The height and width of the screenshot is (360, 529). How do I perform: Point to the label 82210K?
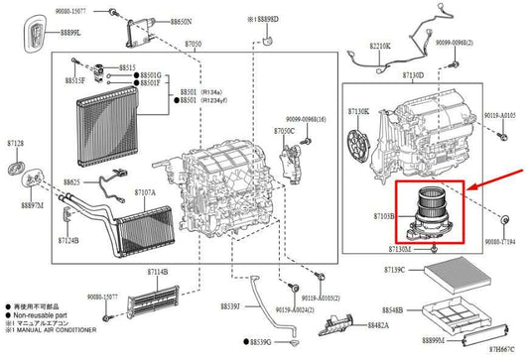click(380, 46)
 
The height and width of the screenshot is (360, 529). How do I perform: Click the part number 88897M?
click(28, 205)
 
